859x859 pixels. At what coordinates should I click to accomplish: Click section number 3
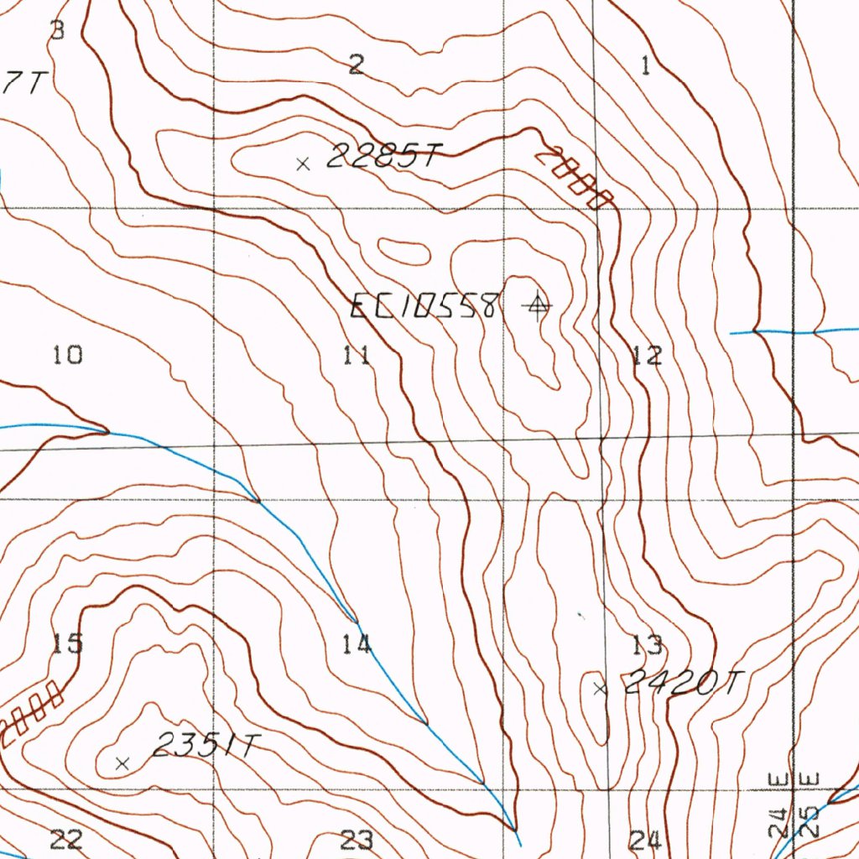[x=56, y=31]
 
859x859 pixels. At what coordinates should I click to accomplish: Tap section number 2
[x=357, y=64]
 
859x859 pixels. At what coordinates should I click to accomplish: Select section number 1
[x=645, y=65]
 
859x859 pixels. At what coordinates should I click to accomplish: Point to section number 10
[x=68, y=355]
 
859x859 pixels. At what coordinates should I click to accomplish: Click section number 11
[x=357, y=355]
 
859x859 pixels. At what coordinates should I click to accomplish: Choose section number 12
[x=647, y=355]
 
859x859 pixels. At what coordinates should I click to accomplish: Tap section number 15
[x=68, y=643]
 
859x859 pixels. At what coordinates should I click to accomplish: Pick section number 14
[x=357, y=644]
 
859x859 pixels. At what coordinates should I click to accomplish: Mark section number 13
[x=648, y=644]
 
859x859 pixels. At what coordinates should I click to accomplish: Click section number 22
[x=66, y=838]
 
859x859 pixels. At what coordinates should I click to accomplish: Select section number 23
[x=357, y=838]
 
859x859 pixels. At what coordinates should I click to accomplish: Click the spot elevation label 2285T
[x=383, y=156]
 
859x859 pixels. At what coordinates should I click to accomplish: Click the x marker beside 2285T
[x=304, y=164]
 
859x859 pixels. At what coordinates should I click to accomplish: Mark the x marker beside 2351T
[x=122, y=763]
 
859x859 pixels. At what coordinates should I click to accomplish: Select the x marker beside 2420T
[x=599, y=690]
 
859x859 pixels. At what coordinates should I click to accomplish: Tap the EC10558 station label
[x=425, y=306]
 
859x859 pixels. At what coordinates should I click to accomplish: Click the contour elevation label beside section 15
[x=32, y=712]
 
